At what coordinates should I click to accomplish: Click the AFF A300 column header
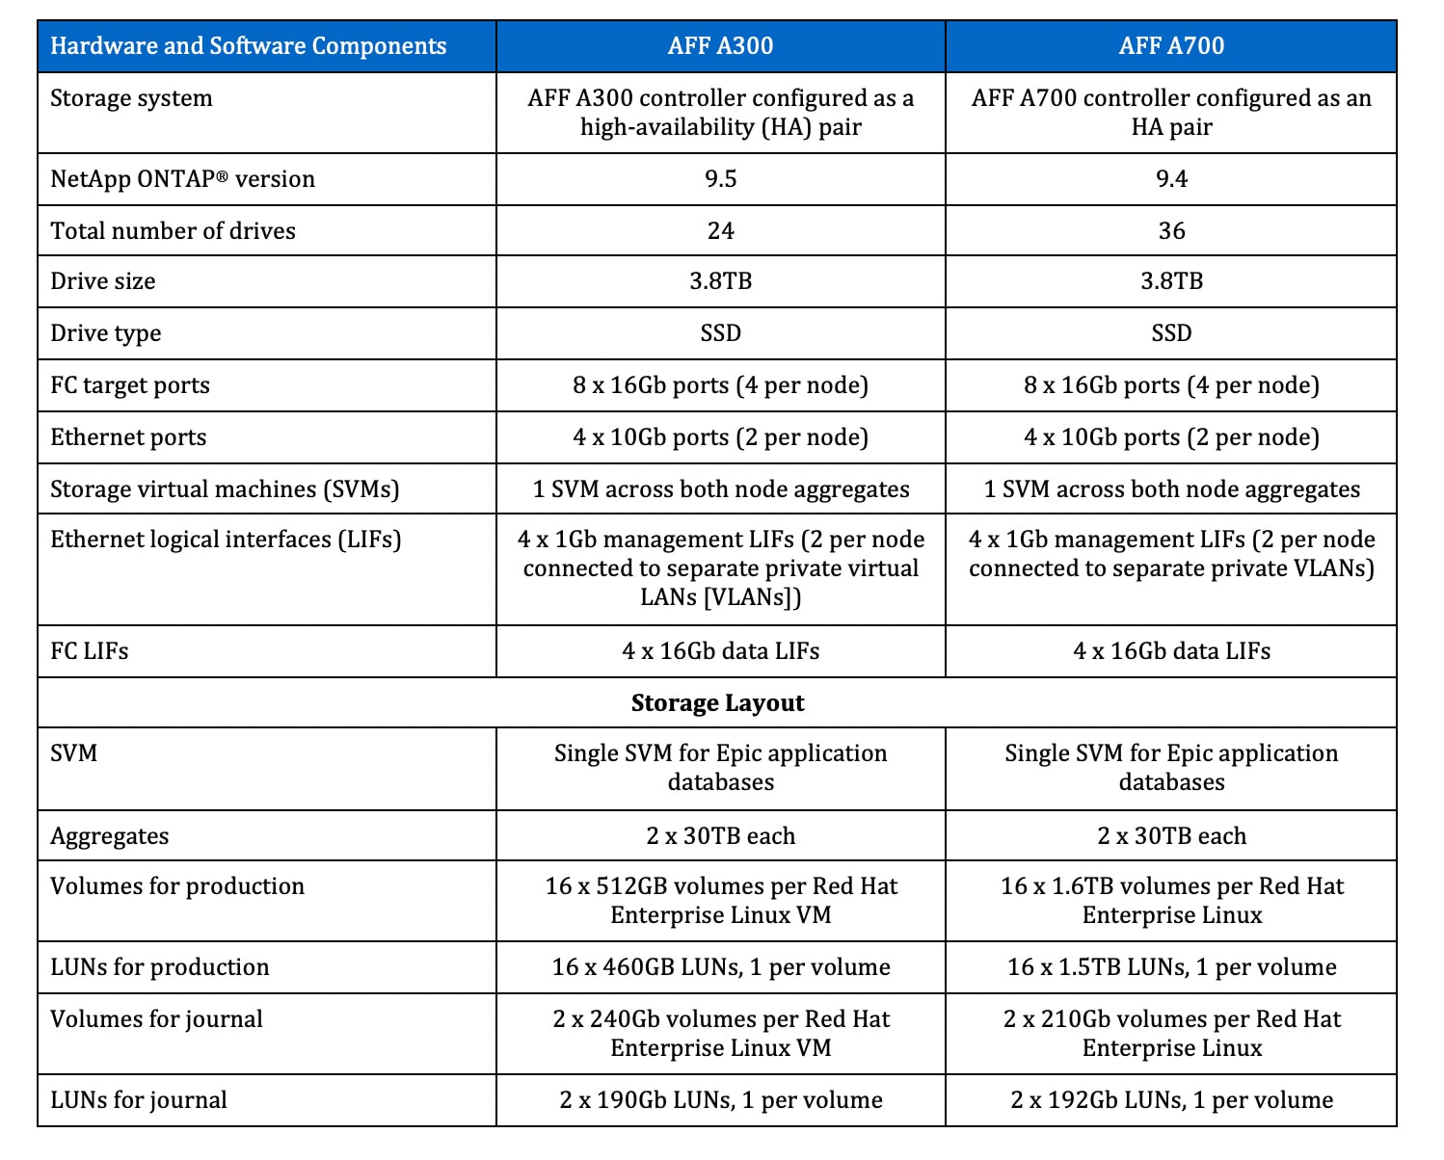[x=720, y=45]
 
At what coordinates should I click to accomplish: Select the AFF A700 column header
[x=1171, y=45]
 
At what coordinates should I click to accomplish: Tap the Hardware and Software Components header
[x=248, y=45]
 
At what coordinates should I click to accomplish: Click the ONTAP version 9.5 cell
[x=720, y=179]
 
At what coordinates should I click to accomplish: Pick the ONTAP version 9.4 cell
[x=1171, y=179]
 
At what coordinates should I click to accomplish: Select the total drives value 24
[x=720, y=231]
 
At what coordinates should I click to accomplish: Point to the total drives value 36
[x=1171, y=231]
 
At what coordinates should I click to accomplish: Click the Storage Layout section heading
[x=717, y=703]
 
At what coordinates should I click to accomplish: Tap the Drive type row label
[x=106, y=333]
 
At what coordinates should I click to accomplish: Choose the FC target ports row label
[x=130, y=385]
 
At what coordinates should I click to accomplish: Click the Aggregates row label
[x=109, y=836]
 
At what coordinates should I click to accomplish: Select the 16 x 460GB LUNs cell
[x=720, y=967]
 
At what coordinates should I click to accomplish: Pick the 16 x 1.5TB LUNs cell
[x=1171, y=967]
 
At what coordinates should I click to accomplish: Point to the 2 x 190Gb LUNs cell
[x=720, y=1100]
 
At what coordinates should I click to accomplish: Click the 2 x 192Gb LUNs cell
[x=1171, y=1100]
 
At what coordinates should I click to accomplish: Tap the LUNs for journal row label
[x=139, y=1100]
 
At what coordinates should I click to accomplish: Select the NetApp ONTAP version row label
[x=182, y=179]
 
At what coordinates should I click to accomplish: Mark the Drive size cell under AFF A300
[x=720, y=281]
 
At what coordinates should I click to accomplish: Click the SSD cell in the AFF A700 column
[x=1171, y=333]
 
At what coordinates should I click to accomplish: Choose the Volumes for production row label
[x=177, y=886]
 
